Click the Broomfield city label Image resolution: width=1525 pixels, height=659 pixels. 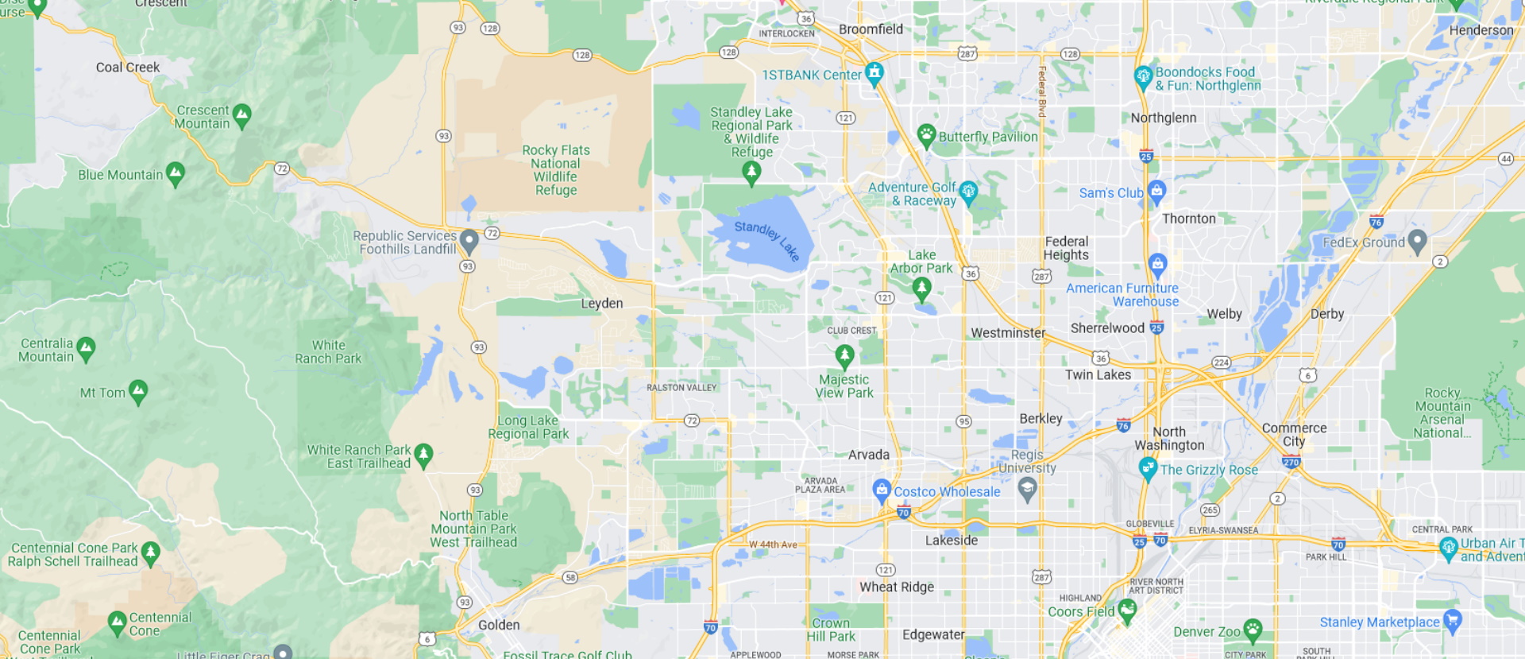871,29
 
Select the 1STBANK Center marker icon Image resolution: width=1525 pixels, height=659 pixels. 874,73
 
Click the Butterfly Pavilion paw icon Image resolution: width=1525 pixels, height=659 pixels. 926,134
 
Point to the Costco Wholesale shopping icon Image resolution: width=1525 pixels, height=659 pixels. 881,490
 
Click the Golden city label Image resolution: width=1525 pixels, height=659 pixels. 499,625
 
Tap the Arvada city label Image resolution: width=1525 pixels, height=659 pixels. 868,455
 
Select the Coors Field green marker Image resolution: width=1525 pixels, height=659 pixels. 1127,610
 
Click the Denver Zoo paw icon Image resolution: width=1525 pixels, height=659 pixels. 1253,630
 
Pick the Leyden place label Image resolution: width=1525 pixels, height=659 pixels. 601,304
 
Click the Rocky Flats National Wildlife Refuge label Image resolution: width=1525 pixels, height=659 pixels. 556,170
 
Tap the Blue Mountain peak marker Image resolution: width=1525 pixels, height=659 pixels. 176,173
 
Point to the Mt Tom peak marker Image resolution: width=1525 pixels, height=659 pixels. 138,390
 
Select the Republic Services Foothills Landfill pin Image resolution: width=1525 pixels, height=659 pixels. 469,239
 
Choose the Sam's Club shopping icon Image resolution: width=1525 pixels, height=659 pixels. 1156,191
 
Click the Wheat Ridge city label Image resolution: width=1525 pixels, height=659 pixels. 896,587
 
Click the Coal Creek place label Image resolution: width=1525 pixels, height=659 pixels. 128,68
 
